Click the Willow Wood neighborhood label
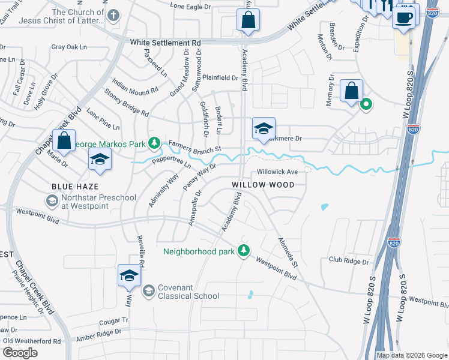[264, 185]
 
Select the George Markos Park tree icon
[155, 143]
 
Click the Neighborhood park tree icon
[243, 250]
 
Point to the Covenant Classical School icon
[148, 291]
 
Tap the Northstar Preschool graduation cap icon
[52, 200]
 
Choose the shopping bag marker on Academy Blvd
[247, 21]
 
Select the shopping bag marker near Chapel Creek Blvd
[64, 142]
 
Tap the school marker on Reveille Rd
[129, 276]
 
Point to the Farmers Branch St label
[195, 146]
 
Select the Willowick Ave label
[277, 172]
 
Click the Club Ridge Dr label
[348, 260]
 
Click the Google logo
[20, 353]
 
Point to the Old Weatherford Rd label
[31, 341]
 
